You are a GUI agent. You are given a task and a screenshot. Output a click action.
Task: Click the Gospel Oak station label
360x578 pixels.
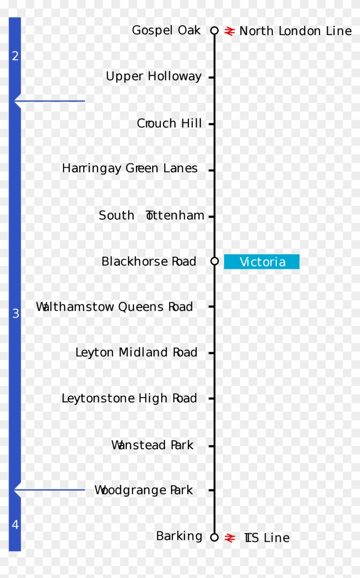(166, 30)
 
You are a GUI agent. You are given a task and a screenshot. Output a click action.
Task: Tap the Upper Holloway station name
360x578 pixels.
(153, 77)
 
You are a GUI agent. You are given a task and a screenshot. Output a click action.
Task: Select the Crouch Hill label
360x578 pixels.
(169, 123)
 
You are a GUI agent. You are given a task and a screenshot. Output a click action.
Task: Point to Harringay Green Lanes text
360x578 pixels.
(129, 169)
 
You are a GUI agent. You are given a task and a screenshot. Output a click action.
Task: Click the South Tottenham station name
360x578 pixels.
(151, 215)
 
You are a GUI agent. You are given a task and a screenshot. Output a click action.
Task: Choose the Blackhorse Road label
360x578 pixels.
(149, 262)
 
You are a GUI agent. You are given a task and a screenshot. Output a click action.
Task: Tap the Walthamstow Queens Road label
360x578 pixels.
(114, 307)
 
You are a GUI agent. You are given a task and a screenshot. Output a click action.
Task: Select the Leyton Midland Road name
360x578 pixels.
(136, 352)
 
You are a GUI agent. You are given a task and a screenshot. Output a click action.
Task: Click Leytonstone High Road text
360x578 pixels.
(129, 398)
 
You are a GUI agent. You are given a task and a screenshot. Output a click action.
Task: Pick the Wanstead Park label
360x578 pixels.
(152, 445)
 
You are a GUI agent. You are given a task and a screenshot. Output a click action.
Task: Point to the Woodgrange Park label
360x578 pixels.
(143, 490)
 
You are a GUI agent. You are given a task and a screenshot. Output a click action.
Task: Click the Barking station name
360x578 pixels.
(179, 536)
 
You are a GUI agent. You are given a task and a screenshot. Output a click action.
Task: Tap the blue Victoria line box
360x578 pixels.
(261, 262)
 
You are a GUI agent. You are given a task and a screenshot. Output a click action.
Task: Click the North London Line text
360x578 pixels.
(295, 31)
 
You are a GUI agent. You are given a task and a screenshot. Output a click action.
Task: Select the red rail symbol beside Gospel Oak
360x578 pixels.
(230, 31)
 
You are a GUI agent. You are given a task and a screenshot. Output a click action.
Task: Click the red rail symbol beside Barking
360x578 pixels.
(230, 537)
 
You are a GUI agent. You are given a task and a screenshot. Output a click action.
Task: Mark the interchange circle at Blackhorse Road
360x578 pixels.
(215, 261)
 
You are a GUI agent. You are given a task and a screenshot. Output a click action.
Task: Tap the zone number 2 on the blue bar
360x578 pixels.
(15, 56)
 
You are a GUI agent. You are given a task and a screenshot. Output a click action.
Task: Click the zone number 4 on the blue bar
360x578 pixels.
(15, 524)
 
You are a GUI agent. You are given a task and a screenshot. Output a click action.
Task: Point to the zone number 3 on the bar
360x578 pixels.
(15, 314)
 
